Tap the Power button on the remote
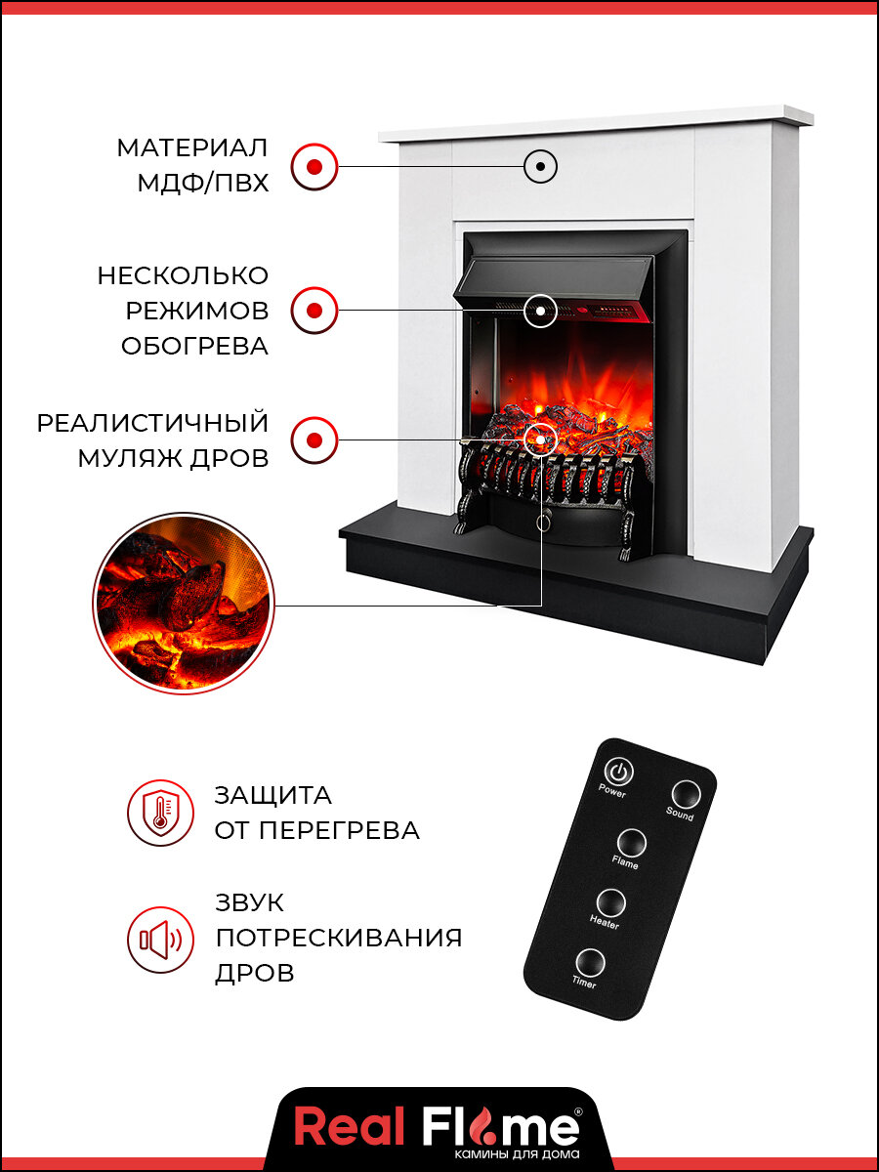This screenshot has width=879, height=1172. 617,772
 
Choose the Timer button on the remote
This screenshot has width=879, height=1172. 589,963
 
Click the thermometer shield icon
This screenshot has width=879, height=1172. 160,813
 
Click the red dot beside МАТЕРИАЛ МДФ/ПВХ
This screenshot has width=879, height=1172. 314,166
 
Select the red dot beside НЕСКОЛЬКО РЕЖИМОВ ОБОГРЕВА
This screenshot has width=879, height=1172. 314,311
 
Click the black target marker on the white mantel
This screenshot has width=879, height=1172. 540,166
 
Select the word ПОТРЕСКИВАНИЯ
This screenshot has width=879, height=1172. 338,939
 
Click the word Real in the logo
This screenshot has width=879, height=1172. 350,1128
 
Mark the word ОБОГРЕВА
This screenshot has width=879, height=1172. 194,347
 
